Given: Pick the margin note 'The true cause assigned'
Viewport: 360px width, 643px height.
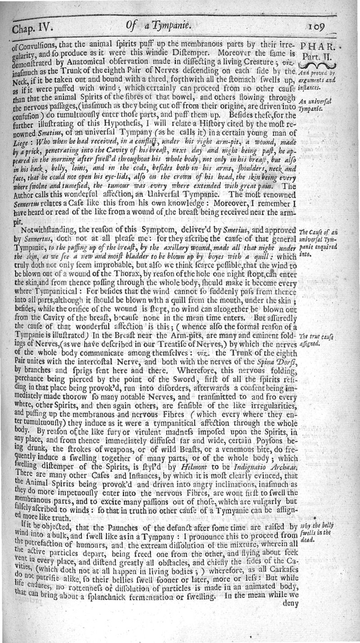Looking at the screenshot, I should [315, 338].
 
